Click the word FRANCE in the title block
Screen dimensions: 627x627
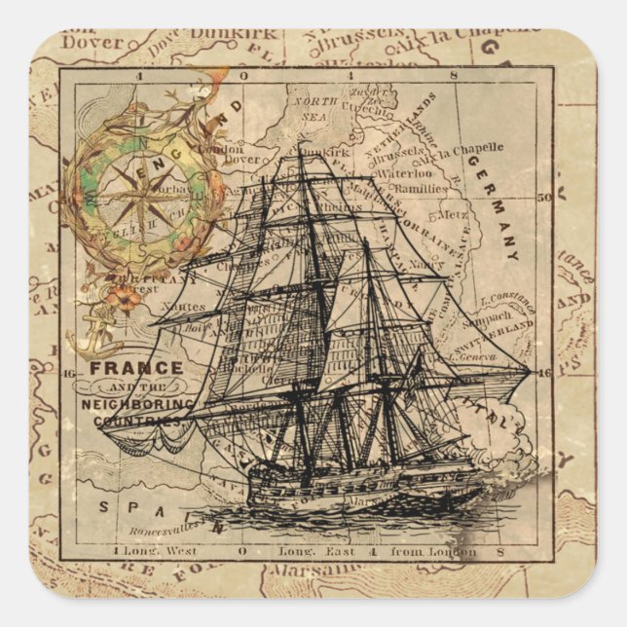[x=136, y=368]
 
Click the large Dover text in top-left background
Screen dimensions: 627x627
[x=92, y=43]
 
